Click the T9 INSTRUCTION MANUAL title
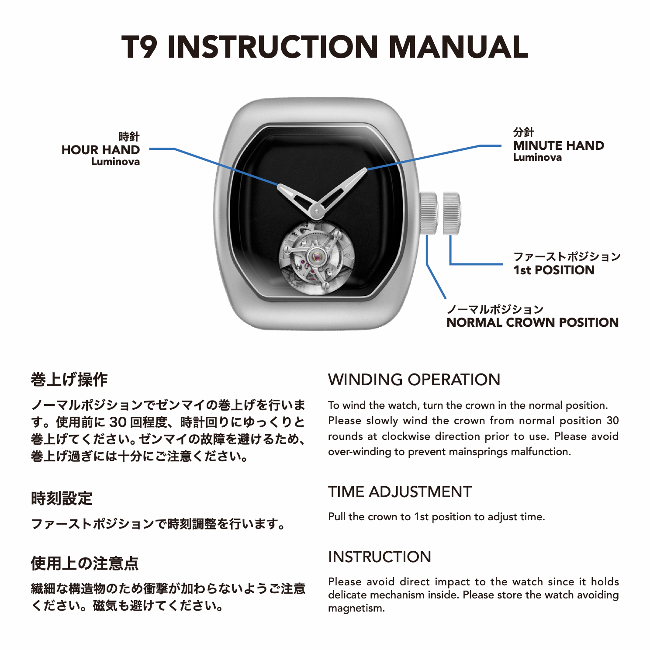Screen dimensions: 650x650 point(325,47)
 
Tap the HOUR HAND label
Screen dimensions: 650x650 point(100,150)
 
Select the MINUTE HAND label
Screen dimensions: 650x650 point(558,145)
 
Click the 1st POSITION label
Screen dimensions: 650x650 point(554,270)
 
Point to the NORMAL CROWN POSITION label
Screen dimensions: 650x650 point(532,322)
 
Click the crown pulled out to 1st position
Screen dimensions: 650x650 point(452,213)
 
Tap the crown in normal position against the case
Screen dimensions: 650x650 point(429,213)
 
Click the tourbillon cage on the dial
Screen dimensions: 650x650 point(316,258)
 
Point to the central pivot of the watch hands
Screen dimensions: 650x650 point(316,213)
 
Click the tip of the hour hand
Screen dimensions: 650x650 point(278,185)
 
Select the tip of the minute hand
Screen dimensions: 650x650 point(365,169)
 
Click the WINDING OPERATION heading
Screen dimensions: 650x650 point(414,380)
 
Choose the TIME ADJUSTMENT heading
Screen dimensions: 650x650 point(400,492)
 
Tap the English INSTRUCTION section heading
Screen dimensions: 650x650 point(380,557)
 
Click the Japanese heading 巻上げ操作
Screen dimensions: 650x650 point(69,380)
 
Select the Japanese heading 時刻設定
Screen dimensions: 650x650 point(62,498)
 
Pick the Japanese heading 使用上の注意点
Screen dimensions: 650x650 point(85,564)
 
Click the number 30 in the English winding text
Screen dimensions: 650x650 point(612,421)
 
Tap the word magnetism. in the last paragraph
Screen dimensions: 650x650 point(356,609)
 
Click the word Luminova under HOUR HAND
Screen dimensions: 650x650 point(115,162)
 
